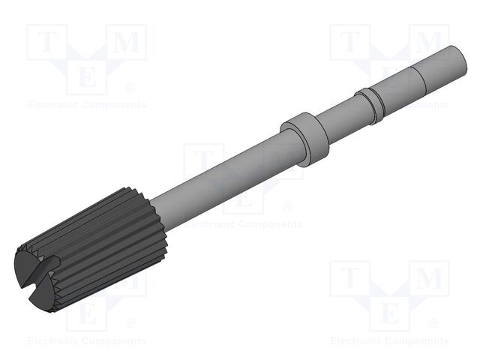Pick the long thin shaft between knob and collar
tap(217, 172)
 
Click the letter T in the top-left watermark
tap(46, 43)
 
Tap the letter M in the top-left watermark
tap(127, 43)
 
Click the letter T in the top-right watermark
tap(349, 43)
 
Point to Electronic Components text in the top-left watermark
tap(86, 105)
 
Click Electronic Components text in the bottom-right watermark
tap(389, 341)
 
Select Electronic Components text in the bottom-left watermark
tap(86, 341)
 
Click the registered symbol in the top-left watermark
tap(131, 87)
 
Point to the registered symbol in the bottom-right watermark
tap(434, 323)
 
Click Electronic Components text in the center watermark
tap(243, 223)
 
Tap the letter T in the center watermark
tap(203, 162)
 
